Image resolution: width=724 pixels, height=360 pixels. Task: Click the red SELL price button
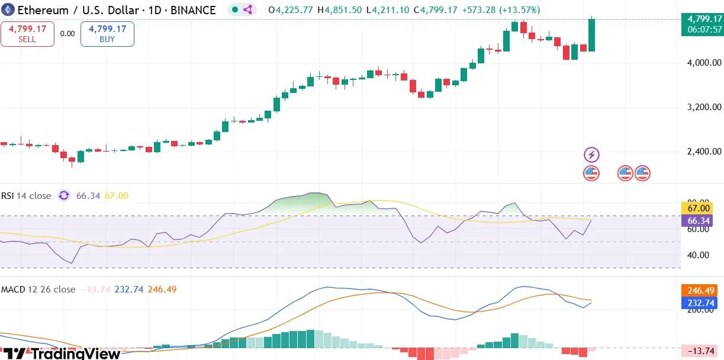27,34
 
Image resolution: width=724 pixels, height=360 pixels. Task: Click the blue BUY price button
108,34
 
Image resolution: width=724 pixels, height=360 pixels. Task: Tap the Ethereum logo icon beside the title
8,10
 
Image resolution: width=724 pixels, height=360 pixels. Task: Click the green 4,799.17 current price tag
701,19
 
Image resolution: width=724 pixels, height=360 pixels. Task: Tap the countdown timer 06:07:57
701,30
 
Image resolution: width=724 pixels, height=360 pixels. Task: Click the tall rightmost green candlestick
591,34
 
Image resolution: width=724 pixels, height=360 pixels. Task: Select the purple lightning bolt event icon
592,155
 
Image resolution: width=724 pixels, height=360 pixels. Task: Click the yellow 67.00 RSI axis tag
699,208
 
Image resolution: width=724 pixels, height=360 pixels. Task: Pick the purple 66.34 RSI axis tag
699,220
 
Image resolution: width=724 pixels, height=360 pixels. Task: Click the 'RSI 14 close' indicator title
26,195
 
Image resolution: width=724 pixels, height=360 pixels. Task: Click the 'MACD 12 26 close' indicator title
38,289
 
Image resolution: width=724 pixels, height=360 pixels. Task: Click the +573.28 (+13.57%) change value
501,10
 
